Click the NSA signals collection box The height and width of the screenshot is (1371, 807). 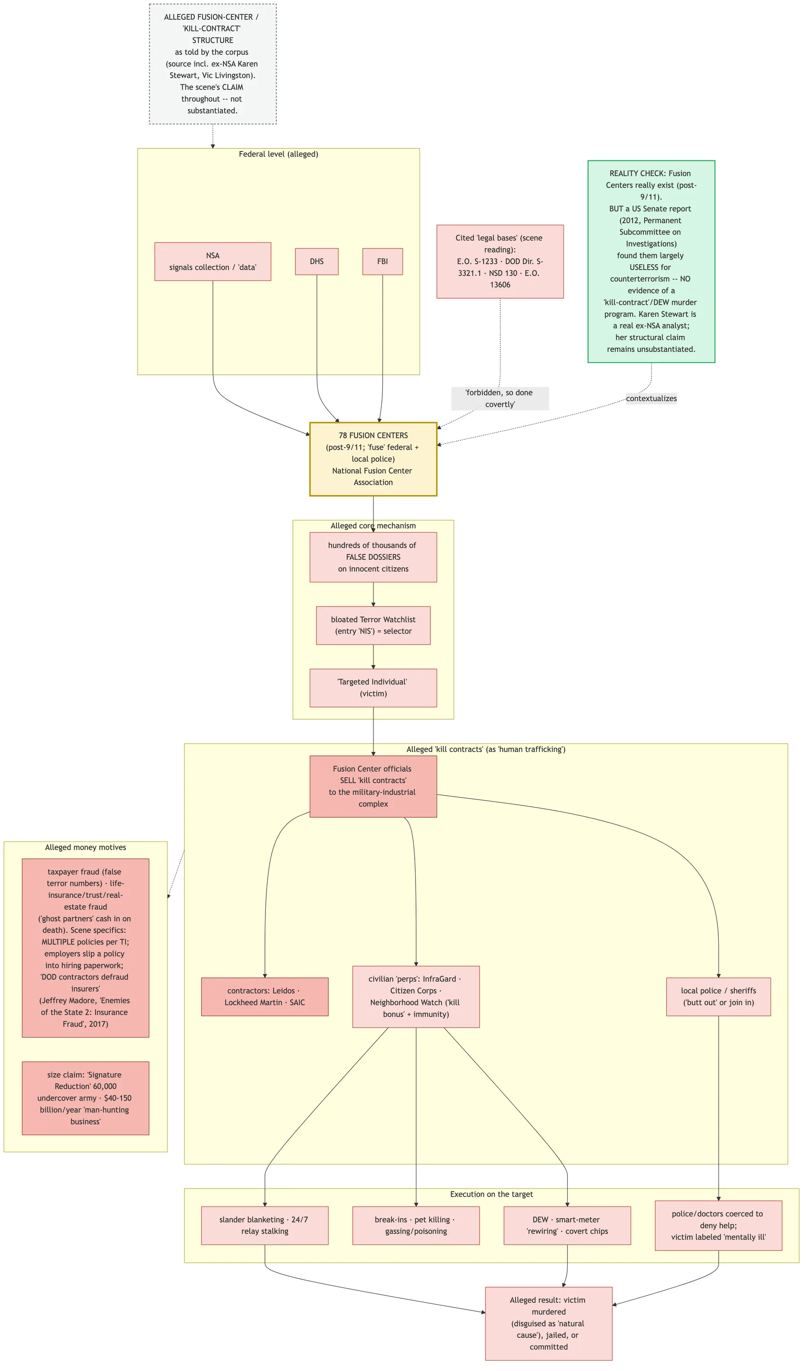[x=213, y=262]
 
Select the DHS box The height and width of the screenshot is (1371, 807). [x=317, y=262]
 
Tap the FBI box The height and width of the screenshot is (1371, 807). [x=382, y=262]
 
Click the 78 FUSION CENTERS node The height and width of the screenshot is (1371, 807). [x=373, y=459]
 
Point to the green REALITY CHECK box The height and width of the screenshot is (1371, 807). [x=651, y=262]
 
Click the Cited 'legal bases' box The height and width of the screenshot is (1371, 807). [x=500, y=262]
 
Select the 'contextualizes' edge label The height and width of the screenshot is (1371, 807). [x=651, y=399]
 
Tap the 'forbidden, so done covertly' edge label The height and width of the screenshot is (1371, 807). [x=500, y=399]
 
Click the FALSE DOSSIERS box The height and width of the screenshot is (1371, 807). [x=373, y=557]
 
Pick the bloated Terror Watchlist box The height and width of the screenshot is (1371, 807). [x=373, y=626]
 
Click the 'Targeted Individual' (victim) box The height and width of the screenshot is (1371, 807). [x=373, y=688]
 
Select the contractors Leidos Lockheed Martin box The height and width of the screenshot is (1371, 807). [x=265, y=997]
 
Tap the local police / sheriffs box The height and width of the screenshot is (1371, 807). [x=719, y=997]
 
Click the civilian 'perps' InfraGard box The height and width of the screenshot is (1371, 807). [x=417, y=997]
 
